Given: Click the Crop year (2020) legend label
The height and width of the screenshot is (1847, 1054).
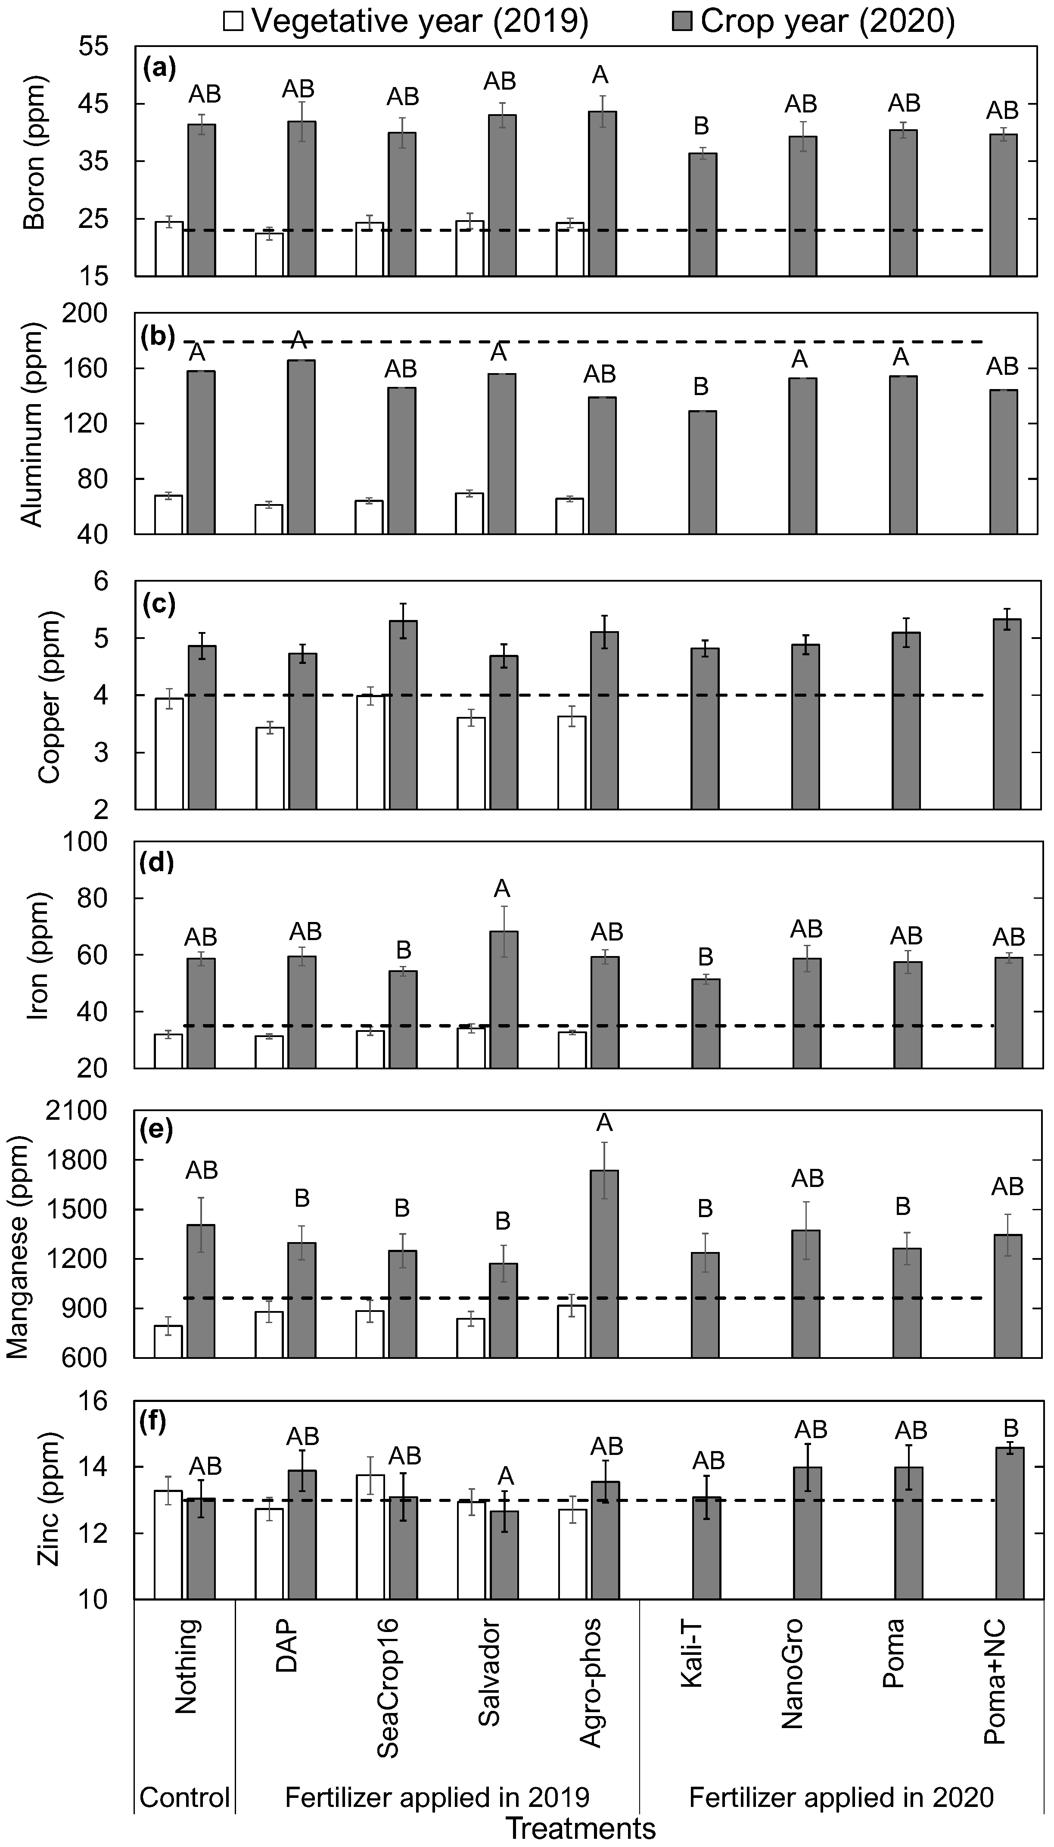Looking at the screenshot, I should (x=827, y=22).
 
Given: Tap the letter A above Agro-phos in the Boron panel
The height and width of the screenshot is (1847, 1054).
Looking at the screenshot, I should (x=600, y=75).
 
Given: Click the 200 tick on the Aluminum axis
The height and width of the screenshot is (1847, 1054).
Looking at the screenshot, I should (x=87, y=313).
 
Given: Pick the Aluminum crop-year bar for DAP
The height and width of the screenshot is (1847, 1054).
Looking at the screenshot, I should (x=301, y=447).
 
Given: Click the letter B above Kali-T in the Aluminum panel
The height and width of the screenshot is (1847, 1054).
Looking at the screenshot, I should (x=701, y=387).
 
